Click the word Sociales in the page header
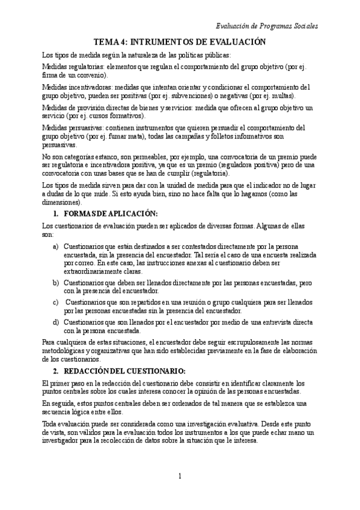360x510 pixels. (303, 26)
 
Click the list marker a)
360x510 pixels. (56, 247)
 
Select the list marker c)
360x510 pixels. (56, 302)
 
